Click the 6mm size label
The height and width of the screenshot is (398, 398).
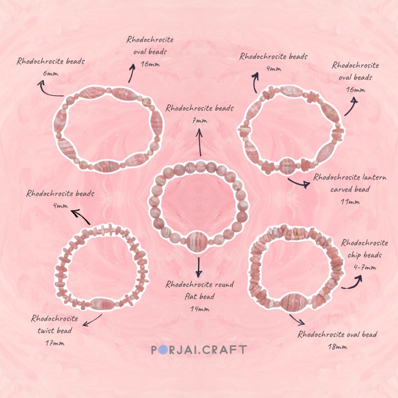click(50, 73)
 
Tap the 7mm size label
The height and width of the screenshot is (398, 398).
click(199, 121)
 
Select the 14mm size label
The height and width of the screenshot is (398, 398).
click(199, 309)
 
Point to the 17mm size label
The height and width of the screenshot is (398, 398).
click(54, 343)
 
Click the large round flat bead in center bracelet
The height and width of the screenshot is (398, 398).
click(197, 242)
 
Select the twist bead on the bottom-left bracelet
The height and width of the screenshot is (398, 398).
click(102, 304)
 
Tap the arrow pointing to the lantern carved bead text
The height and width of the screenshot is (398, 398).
click(298, 183)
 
